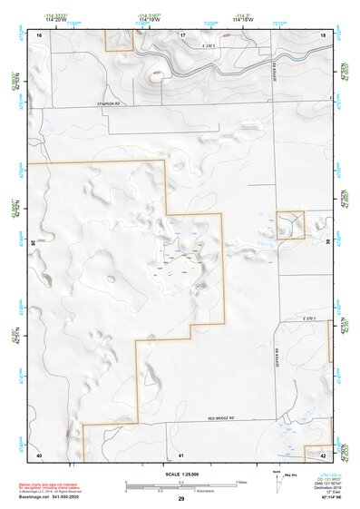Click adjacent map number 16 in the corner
pyautogui.click(x=39, y=34)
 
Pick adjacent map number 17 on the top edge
pyautogui.click(x=182, y=34)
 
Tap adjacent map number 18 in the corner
pyautogui.click(x=324, y=34)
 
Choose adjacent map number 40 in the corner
pyautogui.click(x=39, y=454)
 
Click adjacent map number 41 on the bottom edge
pyautogui.click(x=181, y=454)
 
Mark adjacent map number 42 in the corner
pyautogui.click(x=324, y=454)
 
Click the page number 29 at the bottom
pyautogui.click(x=181, y=499)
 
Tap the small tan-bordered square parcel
pyautogui.click(x=289, y=224)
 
